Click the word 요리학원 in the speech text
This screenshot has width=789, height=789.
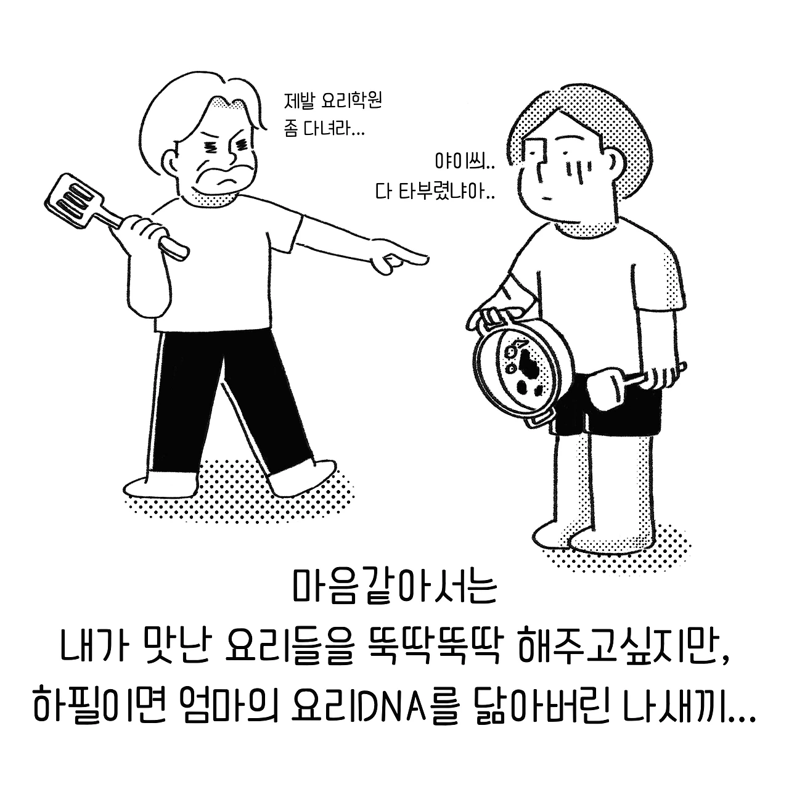[x=351, y=100]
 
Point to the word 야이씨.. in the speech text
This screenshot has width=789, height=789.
[x=465, y=161]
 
